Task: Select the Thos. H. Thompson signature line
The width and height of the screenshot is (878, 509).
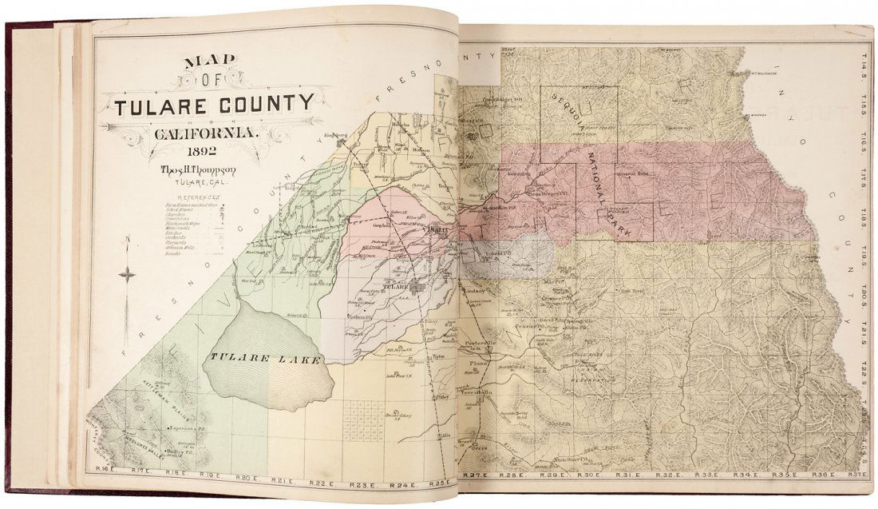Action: pos(202,170)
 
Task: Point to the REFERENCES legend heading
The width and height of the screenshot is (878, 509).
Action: pos(200,197)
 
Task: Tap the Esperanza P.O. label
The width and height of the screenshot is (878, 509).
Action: pos(183,429)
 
